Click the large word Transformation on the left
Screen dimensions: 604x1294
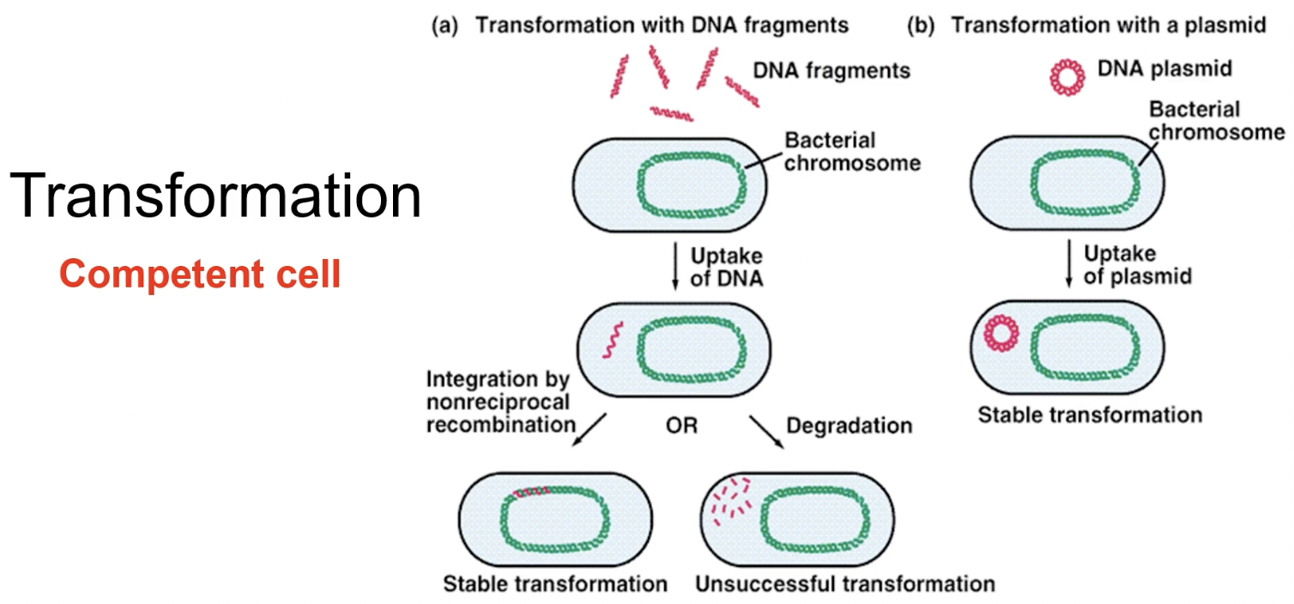(215, 196)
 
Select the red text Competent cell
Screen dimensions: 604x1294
(200, 275)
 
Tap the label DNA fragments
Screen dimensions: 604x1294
(831, 70)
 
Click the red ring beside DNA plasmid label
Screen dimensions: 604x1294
(1067, 78)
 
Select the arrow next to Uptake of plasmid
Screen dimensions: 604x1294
(1068, 265)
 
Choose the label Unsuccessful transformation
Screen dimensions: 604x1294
(844, 584)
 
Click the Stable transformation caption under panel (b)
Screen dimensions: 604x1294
(1089, 415)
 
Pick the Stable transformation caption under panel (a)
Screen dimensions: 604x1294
(554, 584)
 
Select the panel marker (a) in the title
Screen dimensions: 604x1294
(444, 25)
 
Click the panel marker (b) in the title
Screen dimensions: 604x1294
(919, 25)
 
